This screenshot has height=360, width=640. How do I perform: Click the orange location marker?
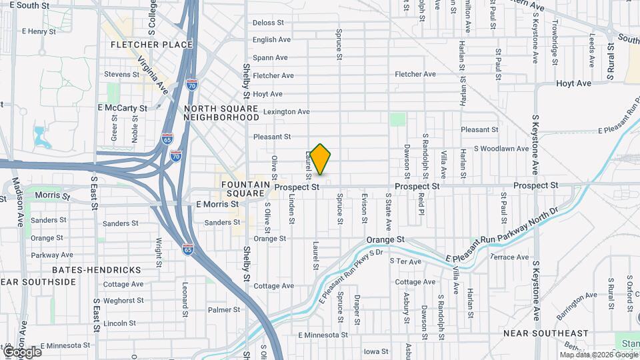[320, 159]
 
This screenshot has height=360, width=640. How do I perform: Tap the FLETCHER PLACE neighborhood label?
[153, 45]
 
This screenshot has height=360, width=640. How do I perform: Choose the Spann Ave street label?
[270, 57]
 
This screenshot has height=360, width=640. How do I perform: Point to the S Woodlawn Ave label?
[501, 149]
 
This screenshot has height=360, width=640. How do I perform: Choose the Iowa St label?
[376, 351]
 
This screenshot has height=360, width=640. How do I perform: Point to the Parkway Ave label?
[52, 255]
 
